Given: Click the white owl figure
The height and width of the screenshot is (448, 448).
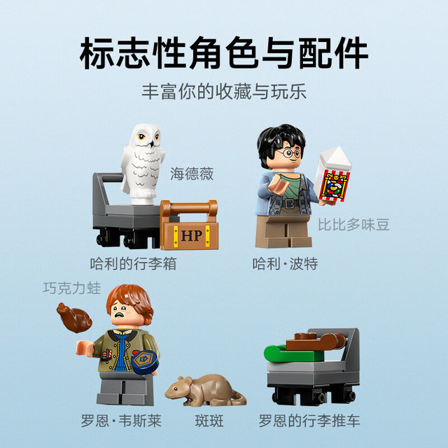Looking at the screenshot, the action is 143,164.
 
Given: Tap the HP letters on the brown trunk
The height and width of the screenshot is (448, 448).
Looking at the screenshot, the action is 191,236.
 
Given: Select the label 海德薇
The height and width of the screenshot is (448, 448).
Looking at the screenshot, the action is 192,174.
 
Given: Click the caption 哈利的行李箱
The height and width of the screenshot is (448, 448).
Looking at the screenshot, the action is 133,263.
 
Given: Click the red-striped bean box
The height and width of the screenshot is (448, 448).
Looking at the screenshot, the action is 333,175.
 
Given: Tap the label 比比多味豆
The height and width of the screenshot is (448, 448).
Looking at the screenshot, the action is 353,225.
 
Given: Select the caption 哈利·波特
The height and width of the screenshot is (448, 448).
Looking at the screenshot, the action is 285,263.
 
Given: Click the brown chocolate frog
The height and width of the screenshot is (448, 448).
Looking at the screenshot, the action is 74,318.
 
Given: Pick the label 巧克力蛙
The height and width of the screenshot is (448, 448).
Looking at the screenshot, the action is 72,288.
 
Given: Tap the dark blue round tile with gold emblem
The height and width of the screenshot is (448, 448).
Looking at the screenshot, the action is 146,362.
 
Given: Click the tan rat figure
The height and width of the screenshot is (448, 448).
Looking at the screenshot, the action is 205,391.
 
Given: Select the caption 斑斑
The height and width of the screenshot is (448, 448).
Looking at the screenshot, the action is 209,421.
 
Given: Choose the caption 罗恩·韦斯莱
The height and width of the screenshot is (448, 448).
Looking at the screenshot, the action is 121,421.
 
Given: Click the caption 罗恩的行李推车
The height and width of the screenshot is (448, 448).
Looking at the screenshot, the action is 309,421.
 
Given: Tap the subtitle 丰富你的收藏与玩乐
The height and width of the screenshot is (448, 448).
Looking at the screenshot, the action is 224,92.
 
